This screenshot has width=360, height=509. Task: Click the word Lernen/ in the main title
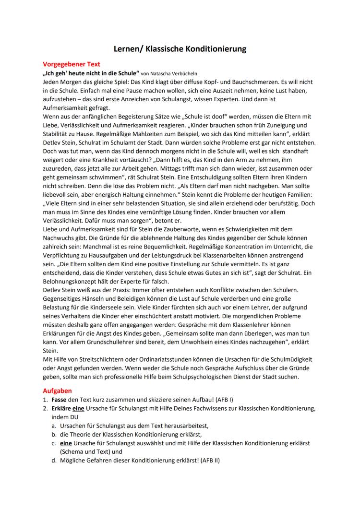[127, 48]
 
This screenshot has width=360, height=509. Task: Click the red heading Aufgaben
[57, 391]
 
